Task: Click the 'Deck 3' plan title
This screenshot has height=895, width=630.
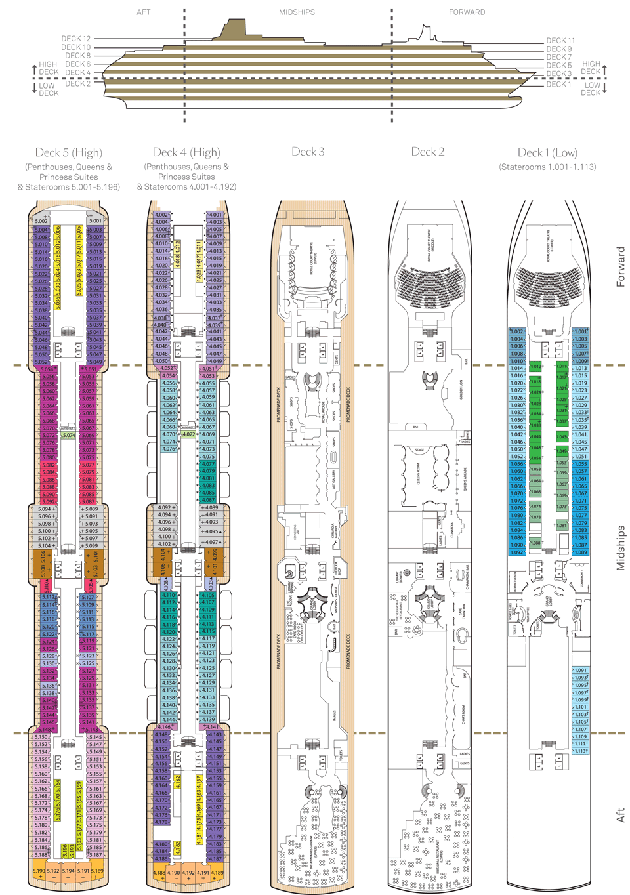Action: pyautogui.click(x=308, y=152)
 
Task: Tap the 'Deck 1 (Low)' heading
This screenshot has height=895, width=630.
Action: pyautogui.click(x=547, y=153)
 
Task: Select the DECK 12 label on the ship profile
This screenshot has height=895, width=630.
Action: pyautogui.click(x=76, y=39)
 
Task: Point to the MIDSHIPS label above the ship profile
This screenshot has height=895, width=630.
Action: pyautogui.click(x=297, y=12)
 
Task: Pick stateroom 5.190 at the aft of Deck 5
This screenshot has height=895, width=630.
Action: pyautogui.click(x=39, y=871)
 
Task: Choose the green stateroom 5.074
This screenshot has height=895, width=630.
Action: pyautogui.click(x=68, y=435)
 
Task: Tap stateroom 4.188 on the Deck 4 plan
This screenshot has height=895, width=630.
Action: pyautogui.click(x=159, y=873)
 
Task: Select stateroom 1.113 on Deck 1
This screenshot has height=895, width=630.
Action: pyautogui.click(x=581, y=751)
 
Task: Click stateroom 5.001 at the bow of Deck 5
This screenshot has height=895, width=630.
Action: pyautogui.click(x=95, y=221)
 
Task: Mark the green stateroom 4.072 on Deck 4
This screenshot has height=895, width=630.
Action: pyautogui.click(x=188, y=434)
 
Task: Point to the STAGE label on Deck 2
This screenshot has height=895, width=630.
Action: pyautogui.click(x=419, y=450)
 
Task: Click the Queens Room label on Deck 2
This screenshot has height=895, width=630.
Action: pyautogui.click(x=419, y=474)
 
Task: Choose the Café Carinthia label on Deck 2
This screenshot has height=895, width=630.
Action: pyautogui.click(x=461, y=613)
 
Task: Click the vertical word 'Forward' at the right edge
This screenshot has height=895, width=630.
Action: pyautogui.click(x=620, y=267)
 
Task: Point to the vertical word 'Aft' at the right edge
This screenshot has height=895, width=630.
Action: pyautogui.click(x=620, y=815)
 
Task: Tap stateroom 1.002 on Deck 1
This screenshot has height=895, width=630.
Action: pyautogui.click(x=517, y=332)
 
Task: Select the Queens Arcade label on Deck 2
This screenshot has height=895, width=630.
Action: pyautogui.click(x=465, y=479)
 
